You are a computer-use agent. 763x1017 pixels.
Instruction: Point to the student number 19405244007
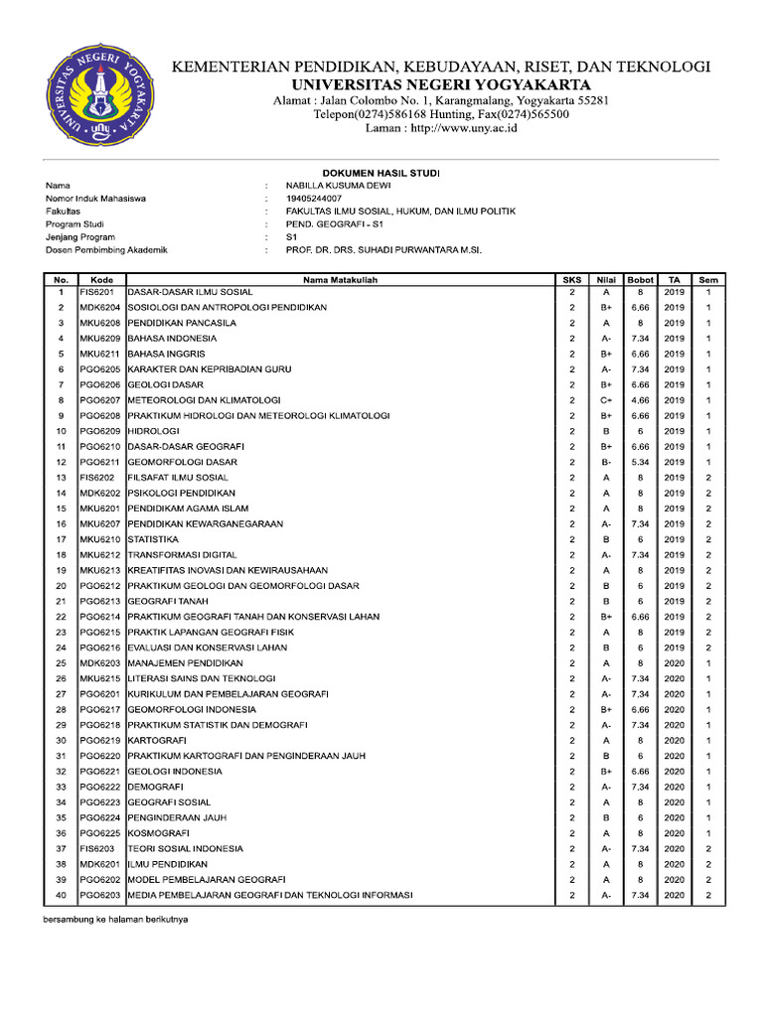313,199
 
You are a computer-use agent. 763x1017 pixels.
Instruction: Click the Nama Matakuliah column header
341,280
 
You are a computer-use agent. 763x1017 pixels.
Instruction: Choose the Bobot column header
641,280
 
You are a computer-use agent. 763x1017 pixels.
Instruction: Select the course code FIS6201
97,292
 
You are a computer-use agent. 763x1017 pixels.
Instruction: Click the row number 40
60,895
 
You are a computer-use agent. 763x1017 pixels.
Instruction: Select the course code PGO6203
99,895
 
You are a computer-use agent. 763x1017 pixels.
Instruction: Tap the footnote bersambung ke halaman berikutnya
116,920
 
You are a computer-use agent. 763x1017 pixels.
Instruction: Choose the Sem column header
708,280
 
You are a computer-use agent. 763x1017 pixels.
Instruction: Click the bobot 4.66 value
641,400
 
